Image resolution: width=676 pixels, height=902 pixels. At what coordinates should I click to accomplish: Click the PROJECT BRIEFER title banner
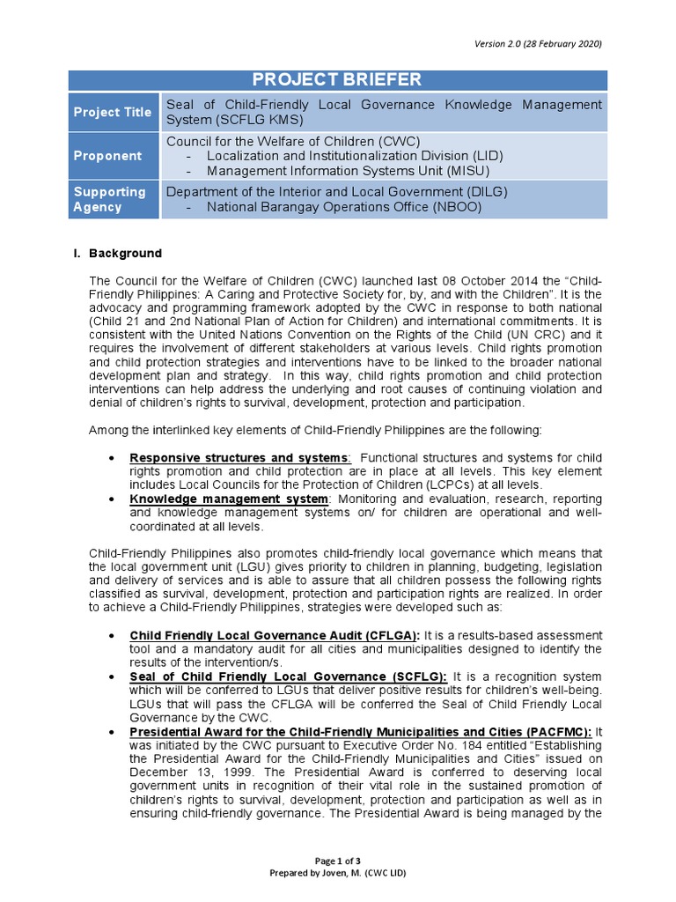[337, 80]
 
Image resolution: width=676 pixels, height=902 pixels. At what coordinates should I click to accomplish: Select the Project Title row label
[113, 112]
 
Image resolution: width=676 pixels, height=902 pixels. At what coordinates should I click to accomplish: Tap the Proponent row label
[107, 156]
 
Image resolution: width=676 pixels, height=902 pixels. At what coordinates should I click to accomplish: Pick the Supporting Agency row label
[109, 199]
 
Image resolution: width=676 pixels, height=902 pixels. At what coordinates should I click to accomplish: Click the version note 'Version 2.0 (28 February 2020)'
[540, 44]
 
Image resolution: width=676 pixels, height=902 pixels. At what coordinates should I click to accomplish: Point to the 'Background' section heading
[129, 253]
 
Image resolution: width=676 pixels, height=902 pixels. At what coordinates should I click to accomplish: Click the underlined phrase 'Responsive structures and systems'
[239, 458]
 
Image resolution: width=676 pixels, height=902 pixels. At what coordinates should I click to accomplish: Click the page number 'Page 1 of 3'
[337, 861]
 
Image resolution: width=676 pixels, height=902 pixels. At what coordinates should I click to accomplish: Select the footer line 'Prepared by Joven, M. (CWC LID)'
[337, 873]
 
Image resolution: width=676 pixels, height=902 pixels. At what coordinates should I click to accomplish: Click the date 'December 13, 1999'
[180, 772]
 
